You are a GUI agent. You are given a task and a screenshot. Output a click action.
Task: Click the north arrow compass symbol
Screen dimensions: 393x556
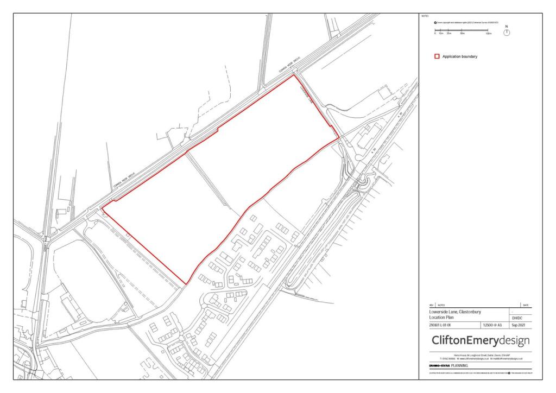tap(507, 32)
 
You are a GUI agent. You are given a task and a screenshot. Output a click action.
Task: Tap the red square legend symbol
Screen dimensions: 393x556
tap(437, 56)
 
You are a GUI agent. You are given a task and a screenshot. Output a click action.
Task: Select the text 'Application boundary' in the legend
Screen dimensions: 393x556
tap(459, 56)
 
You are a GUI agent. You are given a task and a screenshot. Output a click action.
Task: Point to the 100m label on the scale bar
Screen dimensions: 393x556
tap(488, 34)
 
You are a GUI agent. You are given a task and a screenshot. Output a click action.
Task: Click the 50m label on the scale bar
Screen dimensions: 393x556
tap(462, 34)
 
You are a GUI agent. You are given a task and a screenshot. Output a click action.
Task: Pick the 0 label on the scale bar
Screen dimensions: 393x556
tap(434, 34)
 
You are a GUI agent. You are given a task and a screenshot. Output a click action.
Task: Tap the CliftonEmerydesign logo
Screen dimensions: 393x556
tap(480, 341)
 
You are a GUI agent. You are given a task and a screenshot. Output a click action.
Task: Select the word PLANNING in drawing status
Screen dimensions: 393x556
tap(459, 366)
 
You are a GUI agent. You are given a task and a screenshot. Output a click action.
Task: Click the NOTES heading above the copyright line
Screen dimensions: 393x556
tap(425, 16)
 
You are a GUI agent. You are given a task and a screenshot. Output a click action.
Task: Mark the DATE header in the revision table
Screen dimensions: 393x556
tap(525, 306)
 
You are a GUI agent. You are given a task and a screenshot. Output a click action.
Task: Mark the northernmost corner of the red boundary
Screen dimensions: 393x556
tap(294, 75)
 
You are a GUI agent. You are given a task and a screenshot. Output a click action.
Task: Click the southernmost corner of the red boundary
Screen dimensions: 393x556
tap(187, 284)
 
